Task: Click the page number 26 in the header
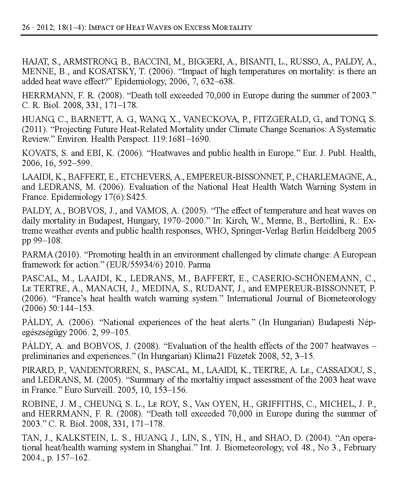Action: click(26, 27)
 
